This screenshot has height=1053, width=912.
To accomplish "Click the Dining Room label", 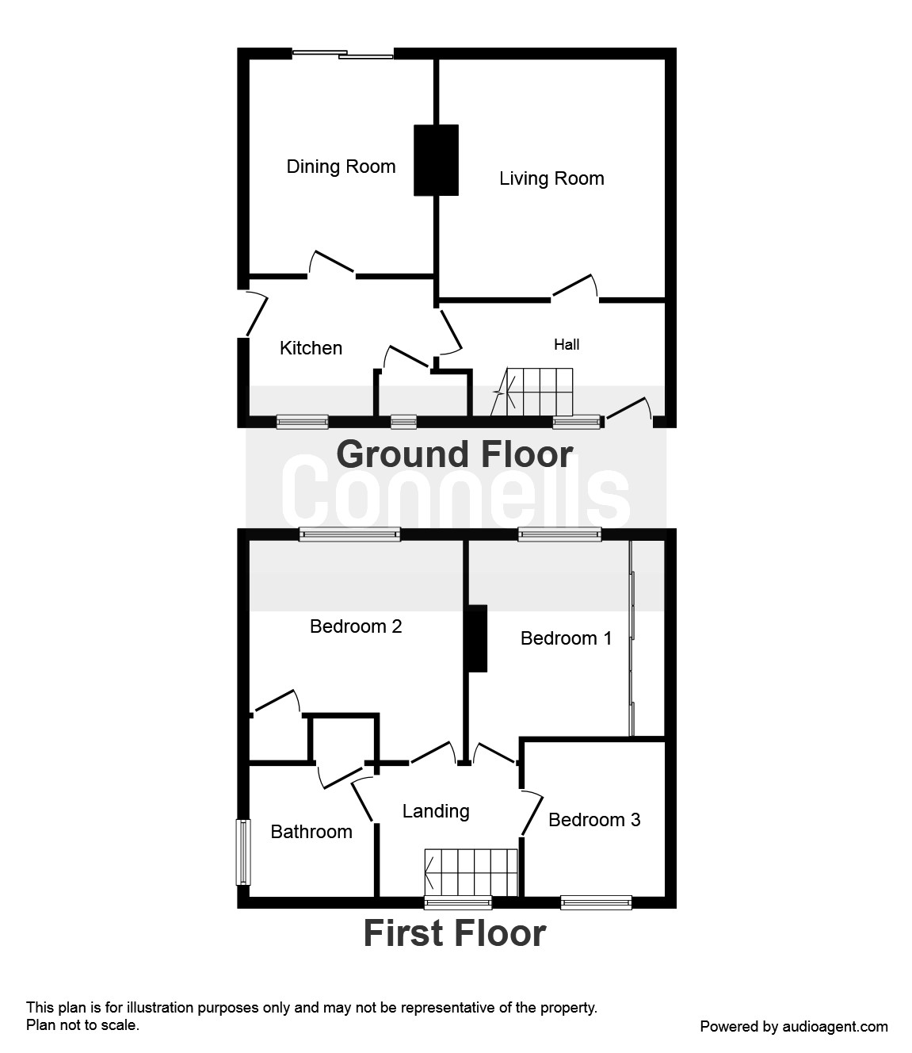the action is click(341, 167).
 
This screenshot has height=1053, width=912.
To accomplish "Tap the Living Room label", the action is click(551, 178).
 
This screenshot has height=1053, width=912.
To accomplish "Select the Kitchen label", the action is click(311, 348).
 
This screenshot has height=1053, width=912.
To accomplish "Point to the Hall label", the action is click(567, 344).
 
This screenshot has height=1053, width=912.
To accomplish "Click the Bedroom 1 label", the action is click(566, 638).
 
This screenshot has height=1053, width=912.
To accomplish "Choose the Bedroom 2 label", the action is click(356, 626).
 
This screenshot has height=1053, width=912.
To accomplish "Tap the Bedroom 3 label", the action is click(594, 820).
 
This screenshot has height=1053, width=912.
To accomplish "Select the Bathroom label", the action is click(311, 832).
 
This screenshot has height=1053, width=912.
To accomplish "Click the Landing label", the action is click(436, 811).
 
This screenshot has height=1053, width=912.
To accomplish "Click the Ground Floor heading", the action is click(455, 454).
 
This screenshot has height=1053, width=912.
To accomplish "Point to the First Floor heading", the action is click(455, 933).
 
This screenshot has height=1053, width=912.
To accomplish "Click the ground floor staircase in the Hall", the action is click(534, 392).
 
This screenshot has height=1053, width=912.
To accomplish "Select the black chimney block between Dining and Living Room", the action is click(436, 160).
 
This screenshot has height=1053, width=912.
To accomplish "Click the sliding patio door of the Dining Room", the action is click(342, 55).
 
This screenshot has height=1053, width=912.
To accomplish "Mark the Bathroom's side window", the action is click(242, 852).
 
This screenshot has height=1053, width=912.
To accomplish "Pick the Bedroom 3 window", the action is click(596, 902).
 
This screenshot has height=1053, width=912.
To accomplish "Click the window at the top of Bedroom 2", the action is click(349, 535).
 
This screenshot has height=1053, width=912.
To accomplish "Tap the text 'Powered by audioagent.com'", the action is click(794, 1027).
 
